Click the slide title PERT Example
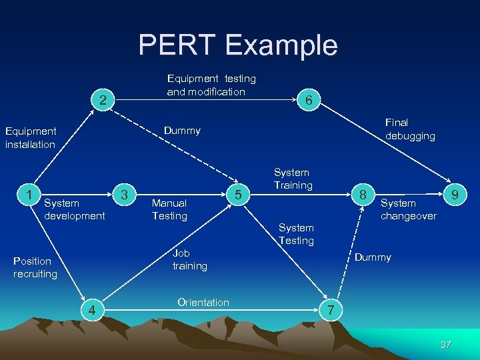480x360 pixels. point(238,45)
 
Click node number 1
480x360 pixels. point(28,194)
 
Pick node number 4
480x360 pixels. point(93,309)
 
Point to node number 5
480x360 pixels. point(237,195)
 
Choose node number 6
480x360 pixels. point(308,99)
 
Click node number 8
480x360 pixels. point(363,195)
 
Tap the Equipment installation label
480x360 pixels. point(30,138)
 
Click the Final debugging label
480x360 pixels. point(410,129)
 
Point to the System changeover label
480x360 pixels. point(408,209)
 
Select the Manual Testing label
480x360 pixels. point(169,209)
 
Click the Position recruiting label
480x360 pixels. point(35,267)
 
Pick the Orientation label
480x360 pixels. point(203,303)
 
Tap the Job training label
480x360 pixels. point(189,259)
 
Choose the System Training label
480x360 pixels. point(293,179)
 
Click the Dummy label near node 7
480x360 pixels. point(373,257)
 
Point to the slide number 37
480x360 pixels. point(446,345)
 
